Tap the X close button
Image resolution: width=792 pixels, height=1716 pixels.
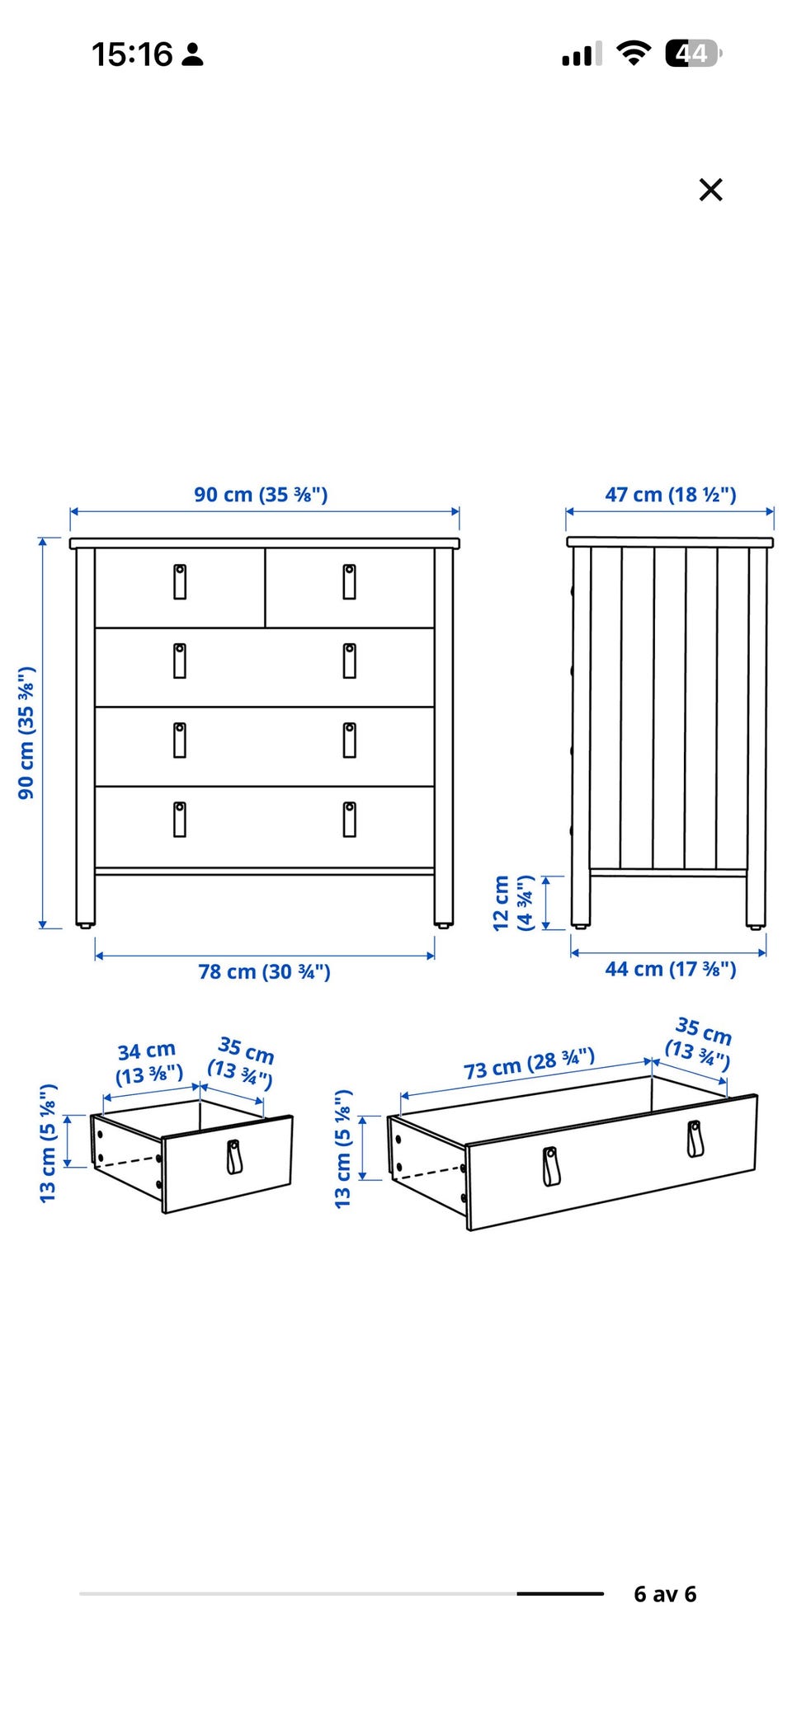pyautogui.click(x=710, y=190)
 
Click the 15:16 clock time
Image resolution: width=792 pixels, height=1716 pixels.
pyautogui.click(x=132, y=54)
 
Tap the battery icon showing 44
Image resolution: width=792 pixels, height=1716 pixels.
pyautogui.click(x=694, y=54)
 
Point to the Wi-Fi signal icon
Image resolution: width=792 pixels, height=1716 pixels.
pyautogui.click(x=634, y=54)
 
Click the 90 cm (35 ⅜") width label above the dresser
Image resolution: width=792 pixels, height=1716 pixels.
pyautogui.click(x=261, y=494)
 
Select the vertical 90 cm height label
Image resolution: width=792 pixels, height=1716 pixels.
pyautogui.click(x=26, y=732)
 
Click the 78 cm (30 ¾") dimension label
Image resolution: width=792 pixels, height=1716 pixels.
pyautogui.click(x=264, y=971)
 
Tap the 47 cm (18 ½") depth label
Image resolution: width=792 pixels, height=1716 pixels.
pyautogui.click(x=671, y=494)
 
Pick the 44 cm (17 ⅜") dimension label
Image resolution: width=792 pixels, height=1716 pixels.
pyautogui.click(x=671, y=969)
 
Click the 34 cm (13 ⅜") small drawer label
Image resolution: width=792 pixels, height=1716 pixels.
pyautogui.click(x=148, y=1063)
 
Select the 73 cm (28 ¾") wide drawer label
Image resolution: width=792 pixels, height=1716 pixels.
pyautogui.click(x=529, y=1064)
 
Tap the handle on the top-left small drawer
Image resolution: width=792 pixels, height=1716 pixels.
pyautogui.click(x=180, y=581)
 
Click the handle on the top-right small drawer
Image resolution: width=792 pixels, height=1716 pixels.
pyautogui.click(x=350, y=581)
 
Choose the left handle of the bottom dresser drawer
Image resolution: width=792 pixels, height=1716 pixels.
pyautogui.click(x=180, y=819)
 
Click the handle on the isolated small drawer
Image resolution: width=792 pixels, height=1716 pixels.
pyautogui.click(x=235, y=1156)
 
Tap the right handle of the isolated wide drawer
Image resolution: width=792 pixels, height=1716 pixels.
pyautogui.click(x=695, y=1139)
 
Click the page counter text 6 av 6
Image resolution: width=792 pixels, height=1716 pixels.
pyautogui.click(x=665, y=1594)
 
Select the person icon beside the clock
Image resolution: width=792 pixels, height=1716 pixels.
pyautogui.click(x=193, y=55)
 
